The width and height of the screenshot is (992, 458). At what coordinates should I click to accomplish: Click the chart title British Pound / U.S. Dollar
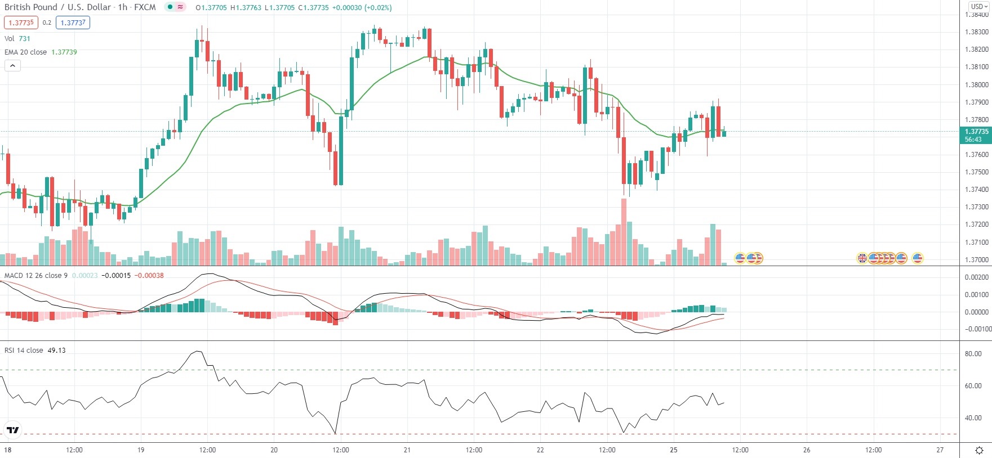click(x=58, y=7)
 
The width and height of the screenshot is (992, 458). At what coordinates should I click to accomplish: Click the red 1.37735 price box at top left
click(x=21, y=23)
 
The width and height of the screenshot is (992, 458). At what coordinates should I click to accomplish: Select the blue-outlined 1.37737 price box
click(x=73, y=23)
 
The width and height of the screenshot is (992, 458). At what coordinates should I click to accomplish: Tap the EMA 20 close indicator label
click(x=25, y=52)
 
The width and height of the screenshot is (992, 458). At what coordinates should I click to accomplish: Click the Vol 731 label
click(x=17, y=38)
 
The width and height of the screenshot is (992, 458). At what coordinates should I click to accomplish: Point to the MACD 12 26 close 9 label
click(x=36, y=275)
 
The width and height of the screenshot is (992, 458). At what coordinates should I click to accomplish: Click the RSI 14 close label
click(x=24, y=350)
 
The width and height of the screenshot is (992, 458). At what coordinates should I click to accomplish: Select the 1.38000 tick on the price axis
click(x=976, y=85)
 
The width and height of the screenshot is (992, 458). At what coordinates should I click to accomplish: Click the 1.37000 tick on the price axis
click(x=976, y=259)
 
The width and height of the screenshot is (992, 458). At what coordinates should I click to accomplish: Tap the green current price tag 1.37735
click(x=976, y=135)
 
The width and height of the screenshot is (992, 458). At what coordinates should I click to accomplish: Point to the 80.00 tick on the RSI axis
click(x=973, y=354)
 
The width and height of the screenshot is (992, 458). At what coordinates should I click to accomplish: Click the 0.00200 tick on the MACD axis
click(x=976, y=277)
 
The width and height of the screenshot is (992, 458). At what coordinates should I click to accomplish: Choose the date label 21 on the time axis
click(x=407, y=450)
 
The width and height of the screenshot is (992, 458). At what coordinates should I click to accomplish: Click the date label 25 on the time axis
click(x=673, y=450)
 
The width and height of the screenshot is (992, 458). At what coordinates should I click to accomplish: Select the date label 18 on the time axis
click(x=7, y=450)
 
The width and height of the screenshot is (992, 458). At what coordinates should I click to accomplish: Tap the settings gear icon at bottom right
click(x=979, y=450)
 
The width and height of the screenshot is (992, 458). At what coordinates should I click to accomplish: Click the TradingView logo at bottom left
click(x=12, y=430)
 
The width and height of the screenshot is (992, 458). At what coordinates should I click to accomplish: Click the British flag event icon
click(x=862, y=258)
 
